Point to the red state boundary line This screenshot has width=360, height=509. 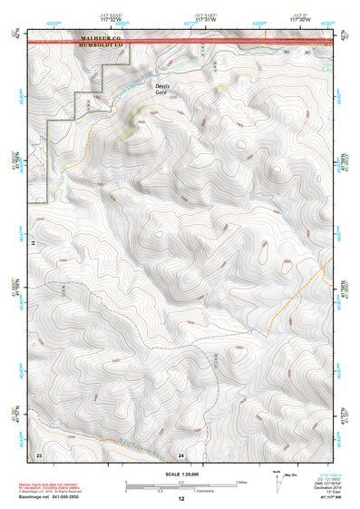tap(227, 41)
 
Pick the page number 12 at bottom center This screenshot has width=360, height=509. tap(181, 498)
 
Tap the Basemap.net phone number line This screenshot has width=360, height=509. tap(56, 498)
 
